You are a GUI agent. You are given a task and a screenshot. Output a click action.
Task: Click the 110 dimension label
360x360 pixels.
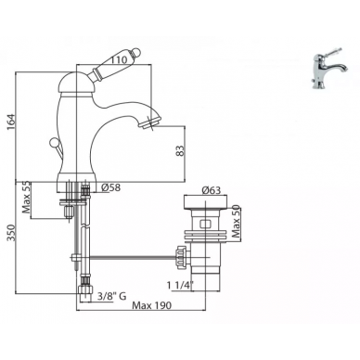(119, 60)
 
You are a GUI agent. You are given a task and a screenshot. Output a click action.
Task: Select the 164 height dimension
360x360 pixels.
(10, 122)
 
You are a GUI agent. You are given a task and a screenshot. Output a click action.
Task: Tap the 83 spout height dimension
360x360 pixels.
(180, 150)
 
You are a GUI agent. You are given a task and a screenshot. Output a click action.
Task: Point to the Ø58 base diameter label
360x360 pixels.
(110, 187)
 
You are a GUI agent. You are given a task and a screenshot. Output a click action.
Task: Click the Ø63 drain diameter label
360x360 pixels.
(212, 190)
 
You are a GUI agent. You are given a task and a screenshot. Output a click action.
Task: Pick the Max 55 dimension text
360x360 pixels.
(26, 198)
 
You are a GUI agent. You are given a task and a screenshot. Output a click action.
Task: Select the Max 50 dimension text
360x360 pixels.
(236, 221)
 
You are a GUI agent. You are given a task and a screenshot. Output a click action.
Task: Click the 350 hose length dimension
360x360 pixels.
(10, 233)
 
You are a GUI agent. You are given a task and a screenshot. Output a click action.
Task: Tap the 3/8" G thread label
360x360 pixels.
(111, 296)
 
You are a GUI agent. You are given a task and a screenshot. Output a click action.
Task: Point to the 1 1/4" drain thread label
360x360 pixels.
(180, 285)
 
